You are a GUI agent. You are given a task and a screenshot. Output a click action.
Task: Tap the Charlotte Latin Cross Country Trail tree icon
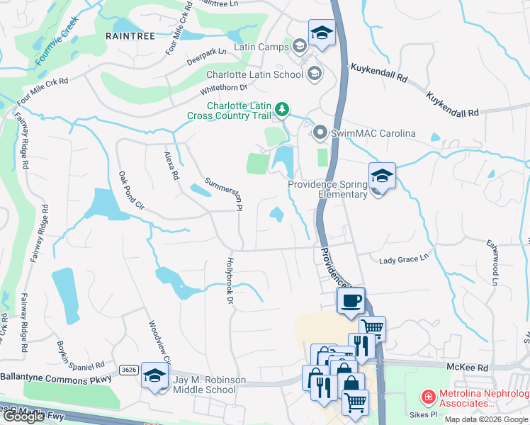tap(283, 108)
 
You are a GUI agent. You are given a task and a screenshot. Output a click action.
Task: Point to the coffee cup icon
tap(351, 300)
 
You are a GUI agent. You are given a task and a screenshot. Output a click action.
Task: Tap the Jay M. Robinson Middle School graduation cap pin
tap(154, 375)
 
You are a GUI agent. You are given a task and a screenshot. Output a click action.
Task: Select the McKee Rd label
tap(468, 368)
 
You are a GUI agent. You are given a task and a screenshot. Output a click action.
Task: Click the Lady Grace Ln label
tap(405, 259)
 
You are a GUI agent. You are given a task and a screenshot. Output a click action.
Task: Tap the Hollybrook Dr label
tap(230, 280)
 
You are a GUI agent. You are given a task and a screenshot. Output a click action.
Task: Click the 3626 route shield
tap(128, 370)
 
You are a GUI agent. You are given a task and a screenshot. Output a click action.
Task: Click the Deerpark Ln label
tap(207, 52)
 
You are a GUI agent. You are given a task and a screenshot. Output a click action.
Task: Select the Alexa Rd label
tap(171, 165)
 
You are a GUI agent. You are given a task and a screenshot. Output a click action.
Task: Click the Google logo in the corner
tap(24, 416)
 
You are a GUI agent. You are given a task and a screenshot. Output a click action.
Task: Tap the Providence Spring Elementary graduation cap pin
tap(382, 176)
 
